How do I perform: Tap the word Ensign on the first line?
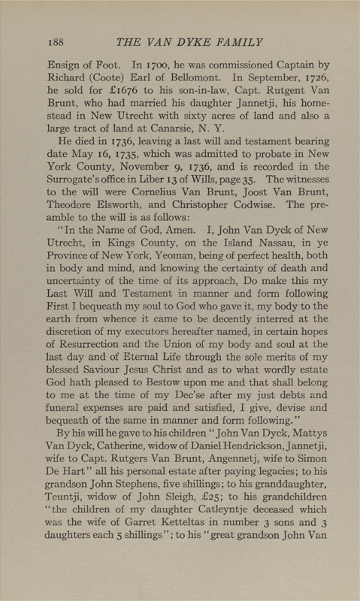click(66, 77)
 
